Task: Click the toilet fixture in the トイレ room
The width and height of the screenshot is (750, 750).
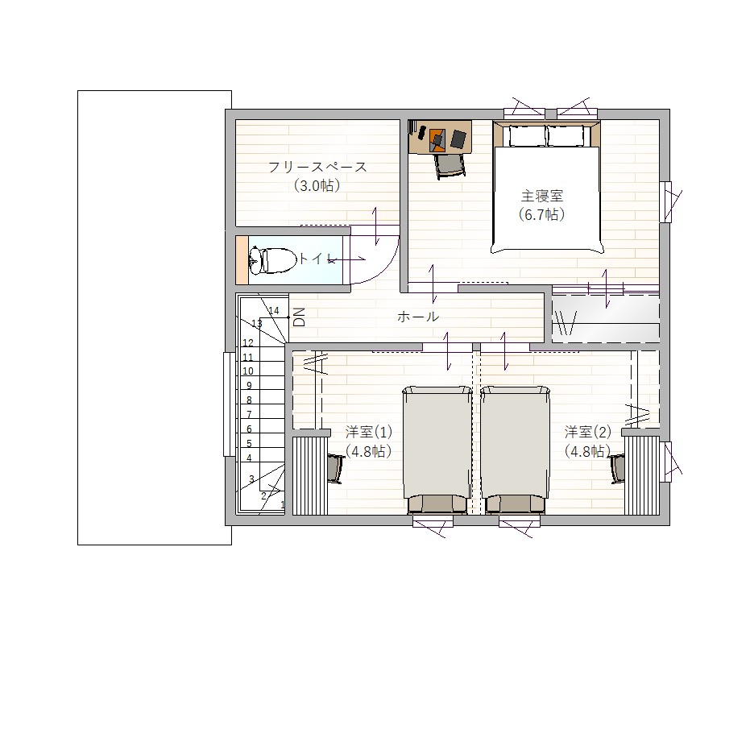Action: pos(270,261)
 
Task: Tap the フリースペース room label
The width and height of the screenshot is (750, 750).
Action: pos(317,168)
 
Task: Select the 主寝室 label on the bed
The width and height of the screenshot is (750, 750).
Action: pos(542,196)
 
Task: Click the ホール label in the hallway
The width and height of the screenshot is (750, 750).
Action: pos(417,317)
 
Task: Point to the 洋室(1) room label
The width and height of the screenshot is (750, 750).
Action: pos(369,433)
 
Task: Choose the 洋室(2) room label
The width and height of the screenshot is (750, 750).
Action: pos(588,433)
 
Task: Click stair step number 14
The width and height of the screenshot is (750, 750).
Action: pos(274,311)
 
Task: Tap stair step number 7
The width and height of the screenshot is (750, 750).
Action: pos(249,414)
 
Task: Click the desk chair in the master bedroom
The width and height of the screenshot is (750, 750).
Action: pos(450,165)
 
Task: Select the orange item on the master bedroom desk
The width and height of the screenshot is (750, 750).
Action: pos(437,139)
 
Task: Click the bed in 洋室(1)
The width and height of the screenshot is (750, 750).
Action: pos(437,450)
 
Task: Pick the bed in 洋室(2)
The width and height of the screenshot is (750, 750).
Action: pos(515,450)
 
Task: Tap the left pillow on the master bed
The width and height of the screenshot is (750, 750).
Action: pos(527,136)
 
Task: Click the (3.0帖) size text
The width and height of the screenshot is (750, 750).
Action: pos(317,185)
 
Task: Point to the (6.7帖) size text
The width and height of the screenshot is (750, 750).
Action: pos(542,214)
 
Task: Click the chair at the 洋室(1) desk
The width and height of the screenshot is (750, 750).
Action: pos(336,469)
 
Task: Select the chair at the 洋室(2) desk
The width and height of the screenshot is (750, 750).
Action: pos(616,469)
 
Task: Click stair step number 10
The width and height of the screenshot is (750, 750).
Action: pos(248,371)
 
